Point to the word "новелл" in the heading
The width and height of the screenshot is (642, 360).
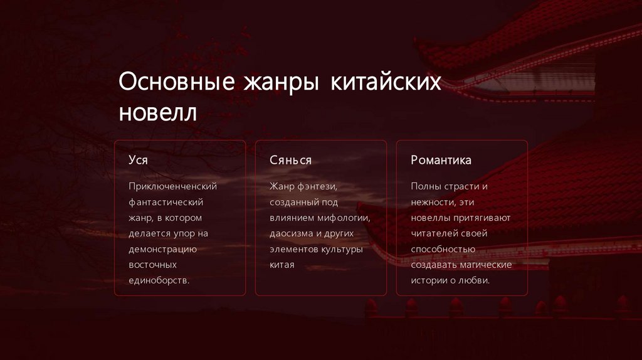tap(157, 113)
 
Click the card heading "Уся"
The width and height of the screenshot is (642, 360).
tap(138, 160)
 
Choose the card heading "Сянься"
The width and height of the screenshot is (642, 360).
tap(290, 160)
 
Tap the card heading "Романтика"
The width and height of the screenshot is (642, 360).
tap(441, 160)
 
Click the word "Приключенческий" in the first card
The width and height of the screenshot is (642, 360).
tap(172, 186)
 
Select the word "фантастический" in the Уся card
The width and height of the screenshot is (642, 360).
tap(166, 202)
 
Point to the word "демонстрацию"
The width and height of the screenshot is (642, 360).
tap(163, 249)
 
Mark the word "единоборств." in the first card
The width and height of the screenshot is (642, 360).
tap(159, 280)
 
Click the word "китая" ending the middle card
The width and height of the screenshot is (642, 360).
tap(282, 265)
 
